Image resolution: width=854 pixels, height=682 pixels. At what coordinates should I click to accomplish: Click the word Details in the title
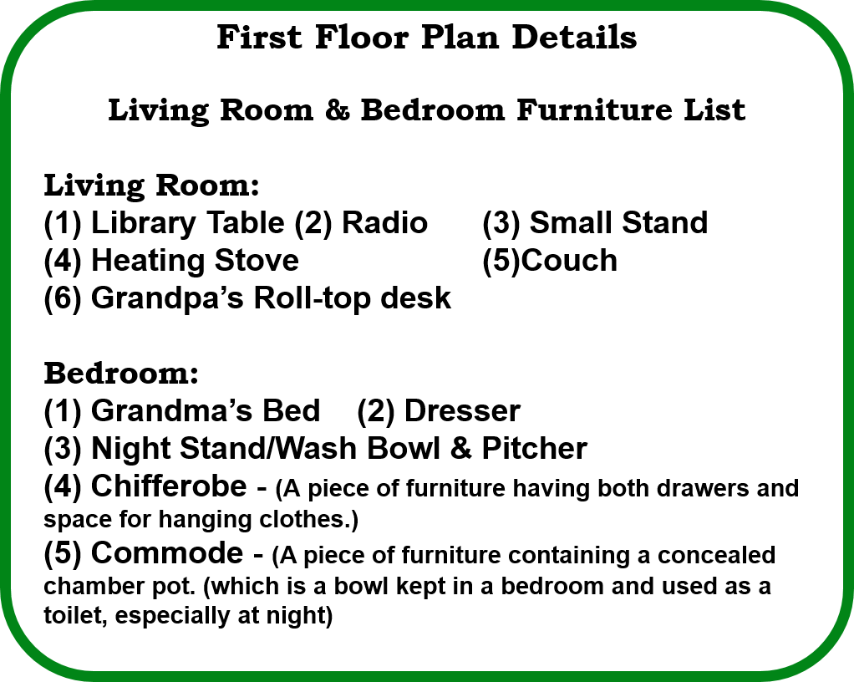click(574, 37)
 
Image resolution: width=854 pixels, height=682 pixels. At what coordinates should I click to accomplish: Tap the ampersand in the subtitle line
click(338, 110)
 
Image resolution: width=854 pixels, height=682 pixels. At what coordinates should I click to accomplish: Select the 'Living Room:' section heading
click(151, 186)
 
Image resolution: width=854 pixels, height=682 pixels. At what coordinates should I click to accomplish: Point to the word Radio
click(384, 223)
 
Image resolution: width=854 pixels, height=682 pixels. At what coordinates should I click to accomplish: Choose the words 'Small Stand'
click(618, 223)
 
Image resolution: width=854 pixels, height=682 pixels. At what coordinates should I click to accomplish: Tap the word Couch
click(569, 261)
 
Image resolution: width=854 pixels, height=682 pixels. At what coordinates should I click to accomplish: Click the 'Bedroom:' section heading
click(121, 374)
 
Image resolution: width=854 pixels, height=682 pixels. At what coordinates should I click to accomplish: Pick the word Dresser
click(462, 411)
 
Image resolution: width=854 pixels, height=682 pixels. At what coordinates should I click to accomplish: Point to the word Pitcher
click(534, 449)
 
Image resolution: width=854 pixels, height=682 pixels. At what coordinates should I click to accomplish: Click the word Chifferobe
click(169, 486)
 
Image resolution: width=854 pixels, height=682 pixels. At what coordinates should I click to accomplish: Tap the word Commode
click(167, 553)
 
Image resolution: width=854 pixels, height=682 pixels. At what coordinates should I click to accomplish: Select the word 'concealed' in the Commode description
click(716, 556)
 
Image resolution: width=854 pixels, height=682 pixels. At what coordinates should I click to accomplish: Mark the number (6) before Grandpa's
click(63, 298)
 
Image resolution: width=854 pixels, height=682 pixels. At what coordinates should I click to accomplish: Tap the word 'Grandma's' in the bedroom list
click(171, 410)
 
